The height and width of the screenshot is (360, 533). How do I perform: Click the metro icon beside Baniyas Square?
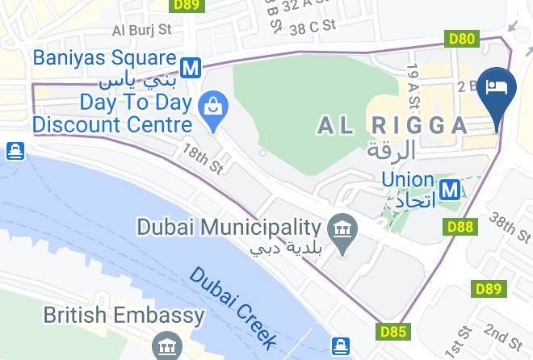point(191,68)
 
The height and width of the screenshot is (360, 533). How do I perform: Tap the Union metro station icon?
point(452,190)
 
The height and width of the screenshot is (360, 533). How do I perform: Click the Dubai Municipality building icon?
point(344,229)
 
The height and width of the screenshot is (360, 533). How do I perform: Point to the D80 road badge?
point(461,38)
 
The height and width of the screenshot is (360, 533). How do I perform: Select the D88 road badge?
point(460,228)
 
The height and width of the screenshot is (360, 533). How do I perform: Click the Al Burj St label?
point(142,30)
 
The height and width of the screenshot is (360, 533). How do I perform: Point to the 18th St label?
point(202,159)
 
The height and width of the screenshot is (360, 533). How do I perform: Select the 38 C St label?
point(313,26)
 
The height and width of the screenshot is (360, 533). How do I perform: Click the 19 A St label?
point(414,86)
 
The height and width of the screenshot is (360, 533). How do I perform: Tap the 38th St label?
point(510,226)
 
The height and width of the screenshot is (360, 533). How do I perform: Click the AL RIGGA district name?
point(392,125)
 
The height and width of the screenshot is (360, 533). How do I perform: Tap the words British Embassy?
point(124,316)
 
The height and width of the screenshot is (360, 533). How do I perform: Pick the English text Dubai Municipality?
point(229,227)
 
